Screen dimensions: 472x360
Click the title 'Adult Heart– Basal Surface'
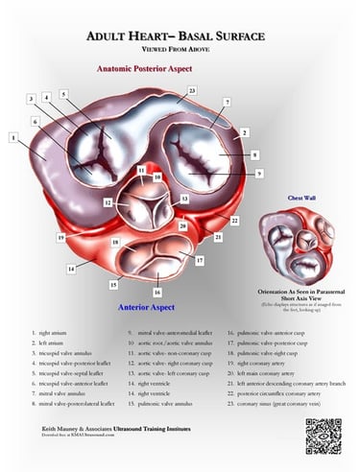tap(180, 36)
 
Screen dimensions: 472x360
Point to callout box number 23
tap(192, 90)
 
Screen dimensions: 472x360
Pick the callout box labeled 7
tap(227, 102)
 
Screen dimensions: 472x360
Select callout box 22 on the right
tap(235, 220)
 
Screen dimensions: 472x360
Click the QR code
tap(324, 436)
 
